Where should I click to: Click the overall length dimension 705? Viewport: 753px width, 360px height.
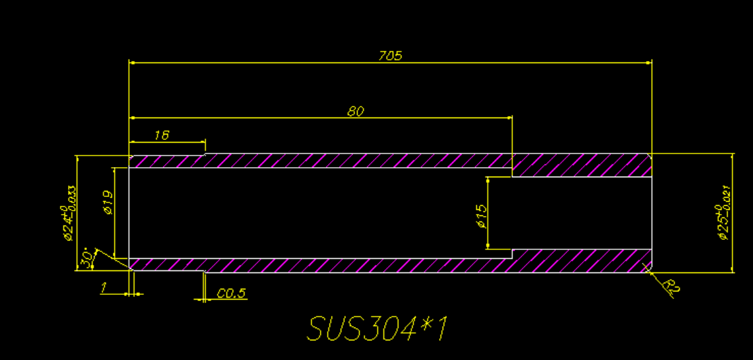[x=390, y=56]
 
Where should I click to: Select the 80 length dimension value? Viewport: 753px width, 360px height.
[x=355, y=111]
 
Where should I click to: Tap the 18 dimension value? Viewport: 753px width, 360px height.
[x=161, y=135]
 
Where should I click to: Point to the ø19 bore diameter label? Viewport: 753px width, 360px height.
[x=108, y=202]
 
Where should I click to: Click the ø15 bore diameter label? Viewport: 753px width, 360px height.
[x=482, y=215]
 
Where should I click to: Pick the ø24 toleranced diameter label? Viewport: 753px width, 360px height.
[x=67, y=215]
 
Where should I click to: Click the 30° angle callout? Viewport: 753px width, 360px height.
[x=87, y=257]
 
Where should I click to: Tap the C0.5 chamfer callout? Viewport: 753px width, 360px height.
[x=231, y=293]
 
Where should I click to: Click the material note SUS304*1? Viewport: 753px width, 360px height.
[x=378, y=329]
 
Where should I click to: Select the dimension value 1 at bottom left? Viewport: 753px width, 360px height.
[x=103, y=289]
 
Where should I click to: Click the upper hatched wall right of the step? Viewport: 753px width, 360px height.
[x=581, y=165]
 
